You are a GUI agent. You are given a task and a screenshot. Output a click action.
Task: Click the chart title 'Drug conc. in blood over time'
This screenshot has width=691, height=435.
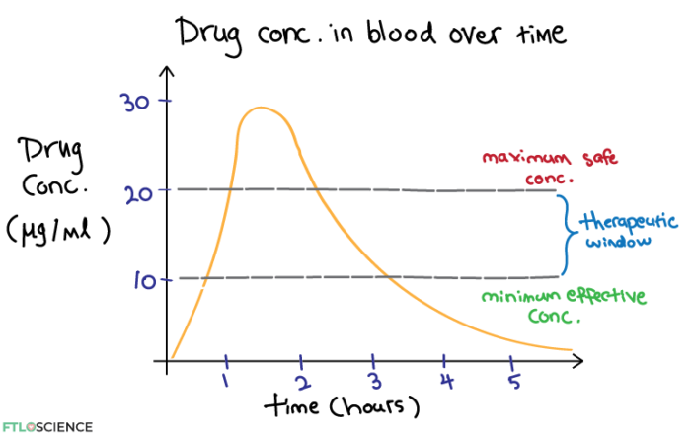372,33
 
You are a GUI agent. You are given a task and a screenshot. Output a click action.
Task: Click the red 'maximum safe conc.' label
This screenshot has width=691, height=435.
528,167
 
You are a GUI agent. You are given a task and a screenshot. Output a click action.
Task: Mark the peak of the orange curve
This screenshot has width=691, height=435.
260,108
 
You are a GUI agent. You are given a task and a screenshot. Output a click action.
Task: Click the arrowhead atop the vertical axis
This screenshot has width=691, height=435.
168,73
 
